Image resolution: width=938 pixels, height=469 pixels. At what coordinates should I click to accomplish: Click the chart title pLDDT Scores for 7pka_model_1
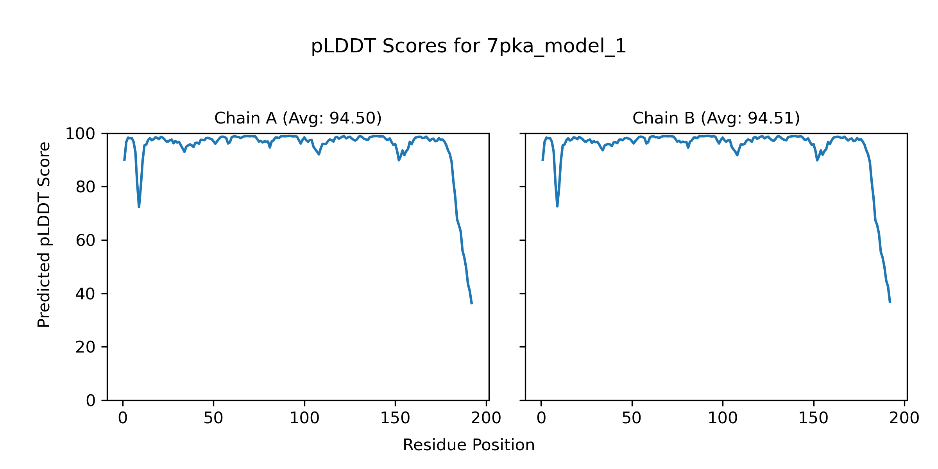point(468,47)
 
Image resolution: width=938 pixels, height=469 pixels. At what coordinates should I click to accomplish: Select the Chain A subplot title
point(298,118)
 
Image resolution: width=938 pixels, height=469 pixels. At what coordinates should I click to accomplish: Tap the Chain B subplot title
point(716,118)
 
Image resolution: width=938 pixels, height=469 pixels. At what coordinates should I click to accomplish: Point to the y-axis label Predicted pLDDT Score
point(44,234)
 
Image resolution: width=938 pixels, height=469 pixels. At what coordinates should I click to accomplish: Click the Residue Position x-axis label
point(468,445)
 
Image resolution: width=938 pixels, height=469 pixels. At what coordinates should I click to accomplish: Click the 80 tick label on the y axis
point(86,187)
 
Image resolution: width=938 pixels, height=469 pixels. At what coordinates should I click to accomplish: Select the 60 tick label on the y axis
point(86,241)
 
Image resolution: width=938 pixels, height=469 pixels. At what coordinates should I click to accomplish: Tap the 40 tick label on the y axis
point(86,294)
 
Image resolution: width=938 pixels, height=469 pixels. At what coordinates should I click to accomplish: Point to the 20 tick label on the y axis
point(86,347)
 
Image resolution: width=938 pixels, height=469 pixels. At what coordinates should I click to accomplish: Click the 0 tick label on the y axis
point(91,401)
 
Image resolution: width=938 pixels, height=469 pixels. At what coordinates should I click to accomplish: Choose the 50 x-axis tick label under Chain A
point(213,418)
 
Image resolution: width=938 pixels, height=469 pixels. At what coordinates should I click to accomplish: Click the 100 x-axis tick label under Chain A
point(304,418)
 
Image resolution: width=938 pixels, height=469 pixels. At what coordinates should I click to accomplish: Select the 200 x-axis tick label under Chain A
point(486,418)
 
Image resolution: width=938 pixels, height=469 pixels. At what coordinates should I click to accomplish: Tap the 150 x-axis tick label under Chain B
point(813,418)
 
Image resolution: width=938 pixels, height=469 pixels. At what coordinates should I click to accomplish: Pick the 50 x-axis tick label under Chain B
point(632,418)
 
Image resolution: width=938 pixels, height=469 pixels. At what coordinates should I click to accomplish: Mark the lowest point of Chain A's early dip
point(139,207)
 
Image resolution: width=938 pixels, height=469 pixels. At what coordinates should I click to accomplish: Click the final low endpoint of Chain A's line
point(472,304)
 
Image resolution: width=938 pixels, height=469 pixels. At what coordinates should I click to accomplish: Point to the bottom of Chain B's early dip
point(557,206)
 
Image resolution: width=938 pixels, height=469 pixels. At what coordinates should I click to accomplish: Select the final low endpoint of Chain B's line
point(890,303)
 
